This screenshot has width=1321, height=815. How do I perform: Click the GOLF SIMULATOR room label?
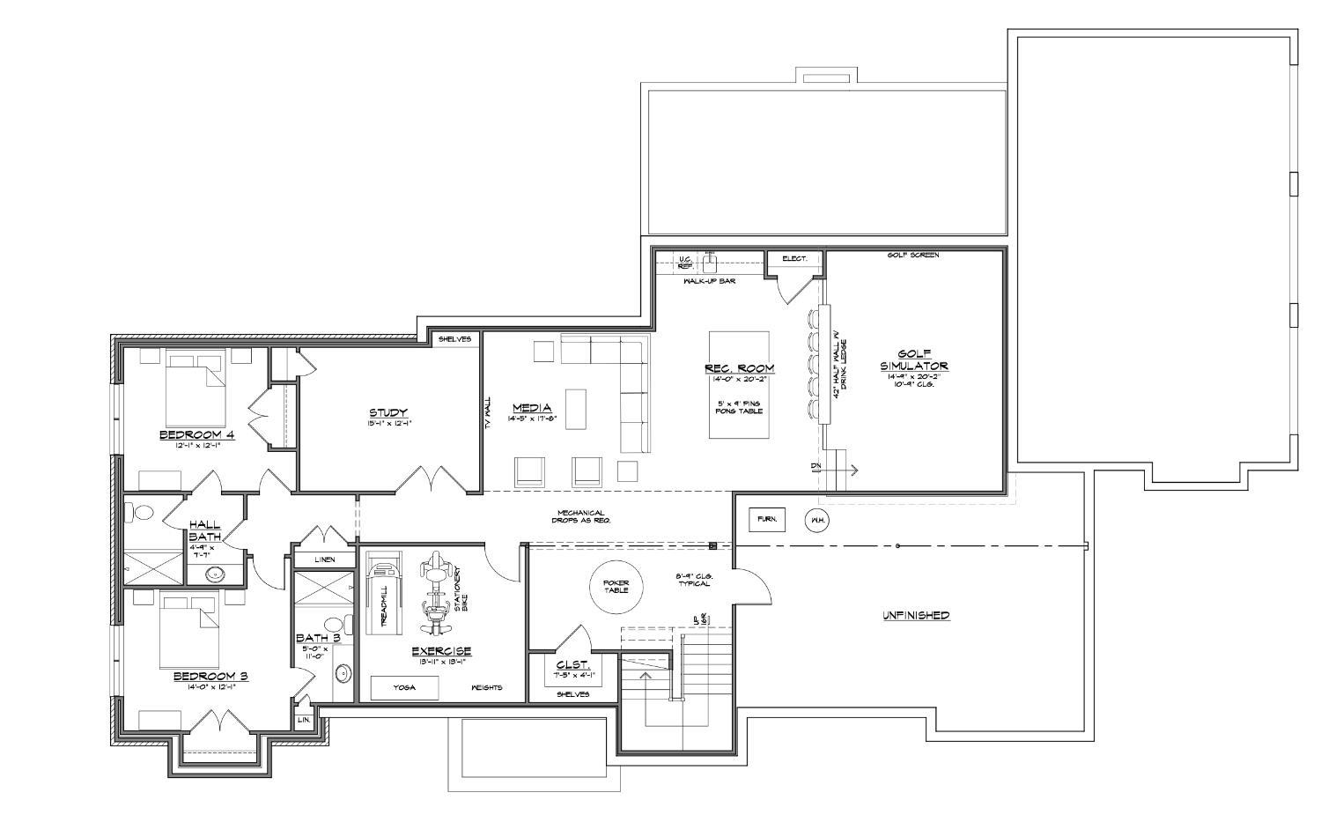[913, 359]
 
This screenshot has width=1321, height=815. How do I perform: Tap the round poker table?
[616, 586]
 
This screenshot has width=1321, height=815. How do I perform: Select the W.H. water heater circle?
[816, 520]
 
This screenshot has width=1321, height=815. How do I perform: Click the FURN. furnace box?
[766, 520]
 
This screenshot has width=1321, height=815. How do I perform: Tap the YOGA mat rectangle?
[404, 687]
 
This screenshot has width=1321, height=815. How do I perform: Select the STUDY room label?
[387, 412]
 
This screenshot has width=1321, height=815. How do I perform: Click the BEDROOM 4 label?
[196, 434]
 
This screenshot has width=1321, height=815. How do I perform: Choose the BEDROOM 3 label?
[210, 676]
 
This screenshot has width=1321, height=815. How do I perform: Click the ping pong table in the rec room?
[739, 384]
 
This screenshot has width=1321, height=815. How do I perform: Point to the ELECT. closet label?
[794, 259]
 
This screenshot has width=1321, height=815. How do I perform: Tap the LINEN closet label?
[324, 559]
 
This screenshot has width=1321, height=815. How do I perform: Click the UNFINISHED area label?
[916, 615]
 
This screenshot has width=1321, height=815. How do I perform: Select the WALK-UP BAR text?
[709, 281]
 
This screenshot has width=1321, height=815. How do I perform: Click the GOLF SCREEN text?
[912, 256]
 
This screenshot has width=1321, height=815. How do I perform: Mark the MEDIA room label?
[532, 408]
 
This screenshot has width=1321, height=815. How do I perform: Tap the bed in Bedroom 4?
[196, 389]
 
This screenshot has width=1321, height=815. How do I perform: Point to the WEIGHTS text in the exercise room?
[486, 687]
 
